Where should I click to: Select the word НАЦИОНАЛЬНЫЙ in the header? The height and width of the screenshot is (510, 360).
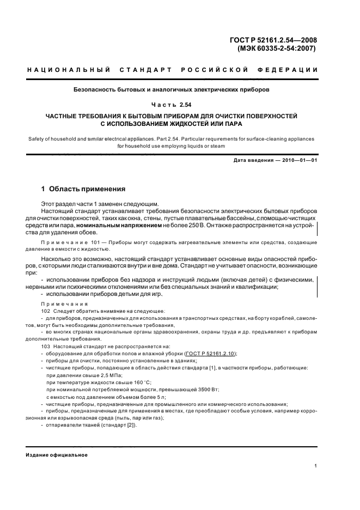point(69,70)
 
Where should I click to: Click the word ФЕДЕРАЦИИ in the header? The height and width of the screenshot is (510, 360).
point(292,70)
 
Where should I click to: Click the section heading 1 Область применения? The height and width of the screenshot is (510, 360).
point(83,189)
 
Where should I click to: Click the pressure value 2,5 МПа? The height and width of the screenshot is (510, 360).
point(112,375)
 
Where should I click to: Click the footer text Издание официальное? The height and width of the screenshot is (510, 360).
point(57,455)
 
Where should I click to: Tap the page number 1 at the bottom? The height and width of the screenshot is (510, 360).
point(316,466)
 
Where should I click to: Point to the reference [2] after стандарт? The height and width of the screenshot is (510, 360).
point(131,425)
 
